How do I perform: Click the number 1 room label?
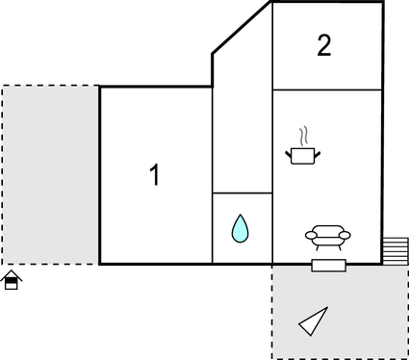point(154,175)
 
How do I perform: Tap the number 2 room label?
point(324,46)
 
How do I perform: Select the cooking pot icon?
point(303,154)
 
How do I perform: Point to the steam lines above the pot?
point(303,133)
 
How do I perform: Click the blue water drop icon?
point(240,229)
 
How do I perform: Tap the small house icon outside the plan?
point(12,281)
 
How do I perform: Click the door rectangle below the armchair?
point(328,265)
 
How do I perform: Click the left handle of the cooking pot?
point(290,150)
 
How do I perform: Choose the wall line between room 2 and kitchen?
point(327,90)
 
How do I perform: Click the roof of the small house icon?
point(12,275)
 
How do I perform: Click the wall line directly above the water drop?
point(243,193)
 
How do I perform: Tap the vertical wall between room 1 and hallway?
point(212,173)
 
